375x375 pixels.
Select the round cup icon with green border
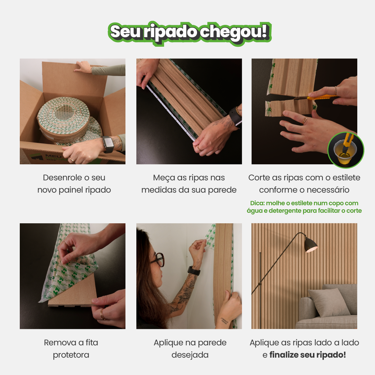(346, 150)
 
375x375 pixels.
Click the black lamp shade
(311, 244)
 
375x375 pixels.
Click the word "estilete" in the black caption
(346, 178)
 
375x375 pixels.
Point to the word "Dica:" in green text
(257, 203)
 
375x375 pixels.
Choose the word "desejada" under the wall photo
(190, 355)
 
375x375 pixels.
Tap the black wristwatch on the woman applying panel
(194, 270)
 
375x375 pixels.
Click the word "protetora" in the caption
(71, 355)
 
